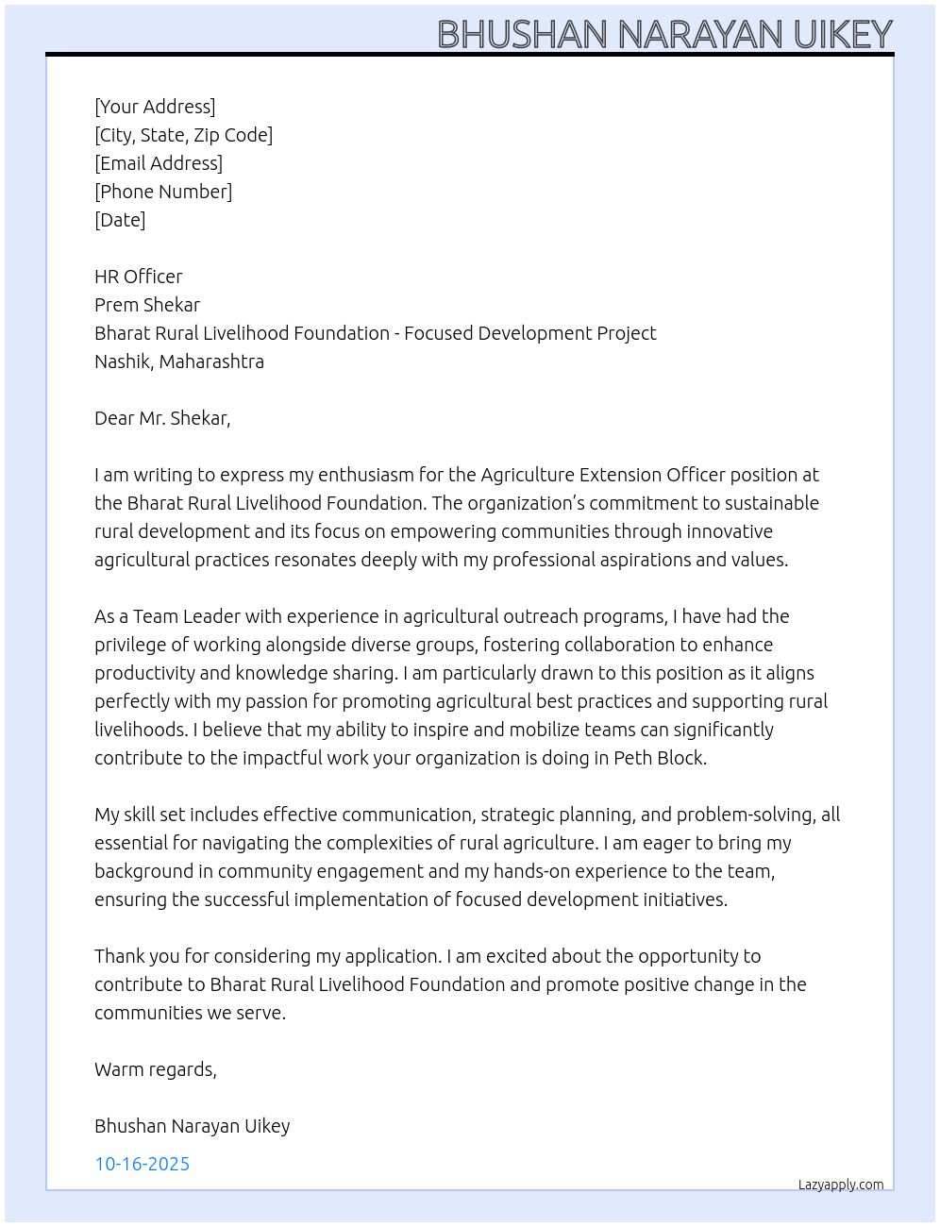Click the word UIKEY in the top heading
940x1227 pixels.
[x=843, y=35]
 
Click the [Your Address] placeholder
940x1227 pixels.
[x=155, y=107]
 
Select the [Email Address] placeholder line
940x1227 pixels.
[x=159, y=163]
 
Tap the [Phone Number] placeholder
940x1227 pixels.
[x=163, y=192]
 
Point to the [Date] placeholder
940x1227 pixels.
[x=120, y=220]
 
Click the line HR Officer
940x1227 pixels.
[x=139, y=277]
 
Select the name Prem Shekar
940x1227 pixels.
[x=147, y=305]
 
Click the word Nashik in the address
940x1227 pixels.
[x=122, y=361]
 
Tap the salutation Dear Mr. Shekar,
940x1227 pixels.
[x=162, y=418]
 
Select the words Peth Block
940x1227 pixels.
[x=660, y=758]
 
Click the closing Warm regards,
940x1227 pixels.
[x=156, y=1069]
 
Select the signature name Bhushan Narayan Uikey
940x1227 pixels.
[x=193, y=1126]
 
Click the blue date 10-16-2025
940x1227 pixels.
[x=143, y=1164]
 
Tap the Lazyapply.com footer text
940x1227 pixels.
[x=841, y=1185]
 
